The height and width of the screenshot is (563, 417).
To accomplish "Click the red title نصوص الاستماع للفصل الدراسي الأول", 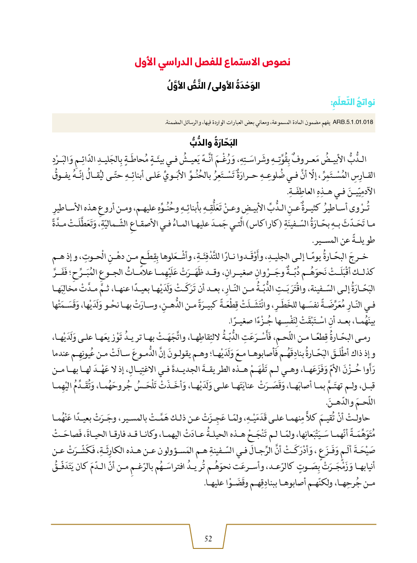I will tap(212, 62).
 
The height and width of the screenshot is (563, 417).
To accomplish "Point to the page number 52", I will tap(209, 538).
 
